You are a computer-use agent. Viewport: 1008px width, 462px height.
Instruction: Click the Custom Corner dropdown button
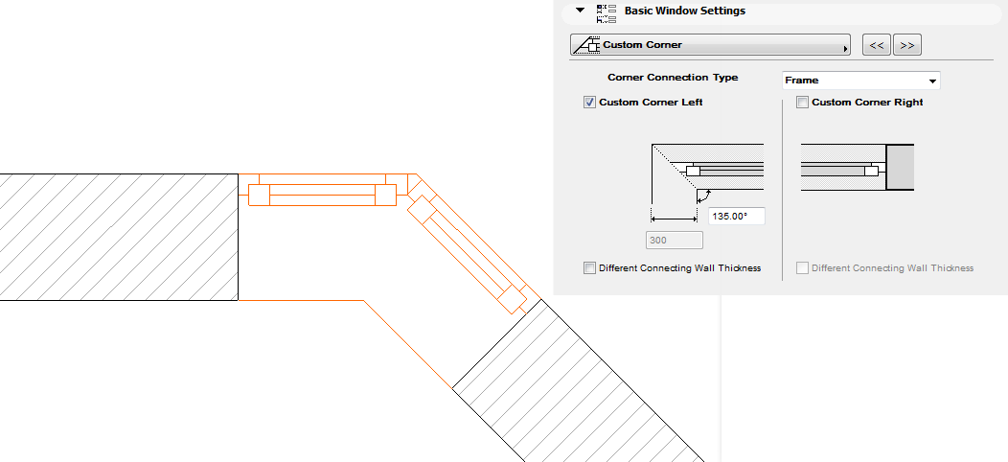(710, 45)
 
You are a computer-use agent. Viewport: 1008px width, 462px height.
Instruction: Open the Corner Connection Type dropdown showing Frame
(860, 81)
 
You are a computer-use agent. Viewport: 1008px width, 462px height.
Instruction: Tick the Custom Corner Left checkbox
(590, 103)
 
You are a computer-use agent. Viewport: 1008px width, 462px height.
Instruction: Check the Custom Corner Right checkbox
(803, 103)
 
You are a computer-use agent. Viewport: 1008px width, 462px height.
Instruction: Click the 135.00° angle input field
(736, 217)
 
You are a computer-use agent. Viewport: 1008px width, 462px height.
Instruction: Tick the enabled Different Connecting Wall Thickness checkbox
(589, 268)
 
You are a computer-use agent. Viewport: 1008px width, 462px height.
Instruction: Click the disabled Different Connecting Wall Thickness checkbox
(803, 268)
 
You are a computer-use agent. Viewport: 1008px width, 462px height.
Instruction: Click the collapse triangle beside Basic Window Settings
(580, 12)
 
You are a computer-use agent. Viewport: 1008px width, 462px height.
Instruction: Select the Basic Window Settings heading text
(684, 12)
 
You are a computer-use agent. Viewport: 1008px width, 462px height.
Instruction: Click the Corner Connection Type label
(673, 78)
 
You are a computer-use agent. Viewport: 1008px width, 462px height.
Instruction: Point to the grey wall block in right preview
(900, 168)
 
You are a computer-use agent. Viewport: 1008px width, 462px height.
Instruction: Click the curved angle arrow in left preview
(704, 195)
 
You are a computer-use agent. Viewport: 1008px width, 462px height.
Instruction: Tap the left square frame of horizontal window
(259, 195)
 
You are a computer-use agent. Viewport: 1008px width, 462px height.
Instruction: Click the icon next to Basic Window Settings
(606, 12)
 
